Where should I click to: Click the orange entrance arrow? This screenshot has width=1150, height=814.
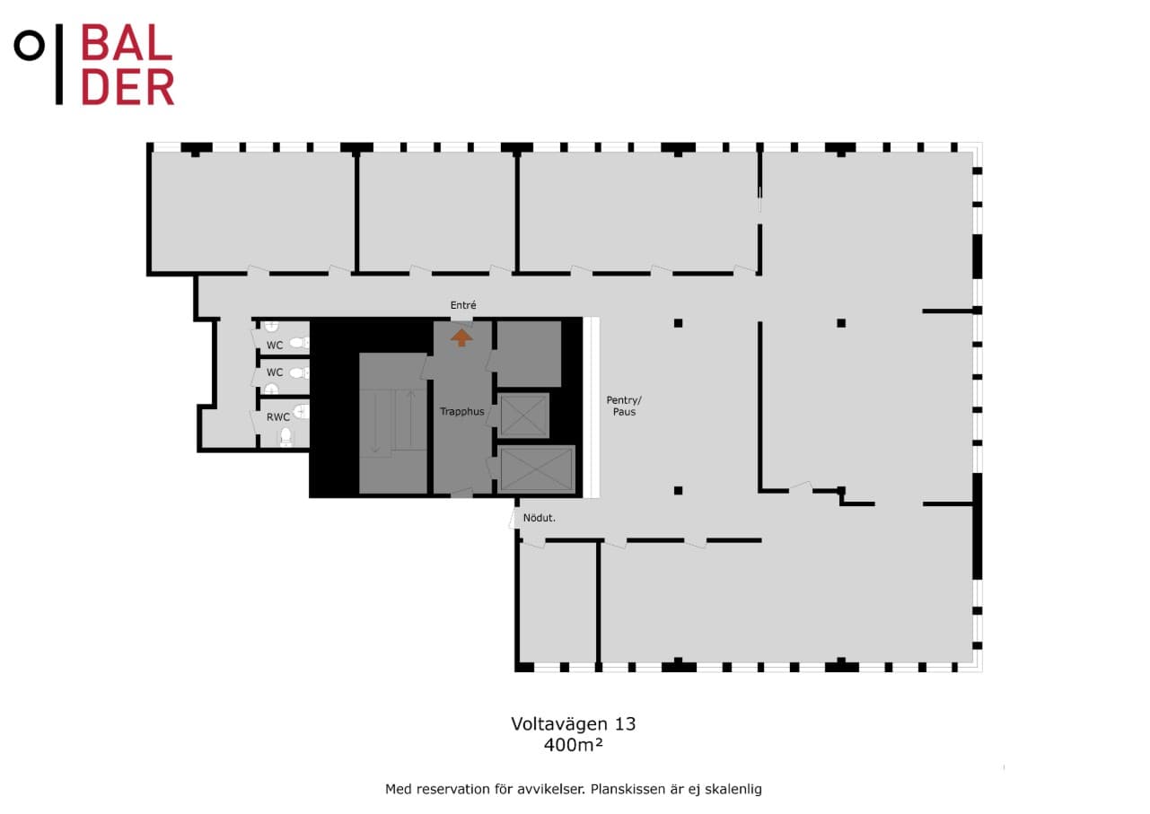tap(461, 337)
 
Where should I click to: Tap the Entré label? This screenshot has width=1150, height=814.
tap(463, 305)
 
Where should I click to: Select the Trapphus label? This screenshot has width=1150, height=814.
tap(462, 412)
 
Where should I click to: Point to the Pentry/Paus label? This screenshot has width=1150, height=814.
tap(624, 406)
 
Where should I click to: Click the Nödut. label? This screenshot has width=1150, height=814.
tap(539, 518)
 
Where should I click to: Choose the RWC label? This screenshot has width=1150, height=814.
tap(277, 417)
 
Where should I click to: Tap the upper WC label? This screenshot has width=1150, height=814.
tap(275, 346)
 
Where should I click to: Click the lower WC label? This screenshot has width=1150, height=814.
tap(275, 372)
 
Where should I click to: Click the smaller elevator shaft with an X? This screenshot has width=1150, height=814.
tap(523, 416)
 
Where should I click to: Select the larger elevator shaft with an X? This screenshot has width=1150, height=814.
tap(537, 469)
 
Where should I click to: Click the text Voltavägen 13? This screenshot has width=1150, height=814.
tap(574, 723)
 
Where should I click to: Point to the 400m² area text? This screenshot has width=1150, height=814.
tap(573, 745)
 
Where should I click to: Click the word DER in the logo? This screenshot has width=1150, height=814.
tap(127, 87)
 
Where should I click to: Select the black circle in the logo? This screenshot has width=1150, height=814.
tap(30, 46)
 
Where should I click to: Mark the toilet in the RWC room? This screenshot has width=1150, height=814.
tap(285, 437)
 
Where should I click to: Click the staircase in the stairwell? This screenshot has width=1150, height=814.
tap(393, 424)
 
